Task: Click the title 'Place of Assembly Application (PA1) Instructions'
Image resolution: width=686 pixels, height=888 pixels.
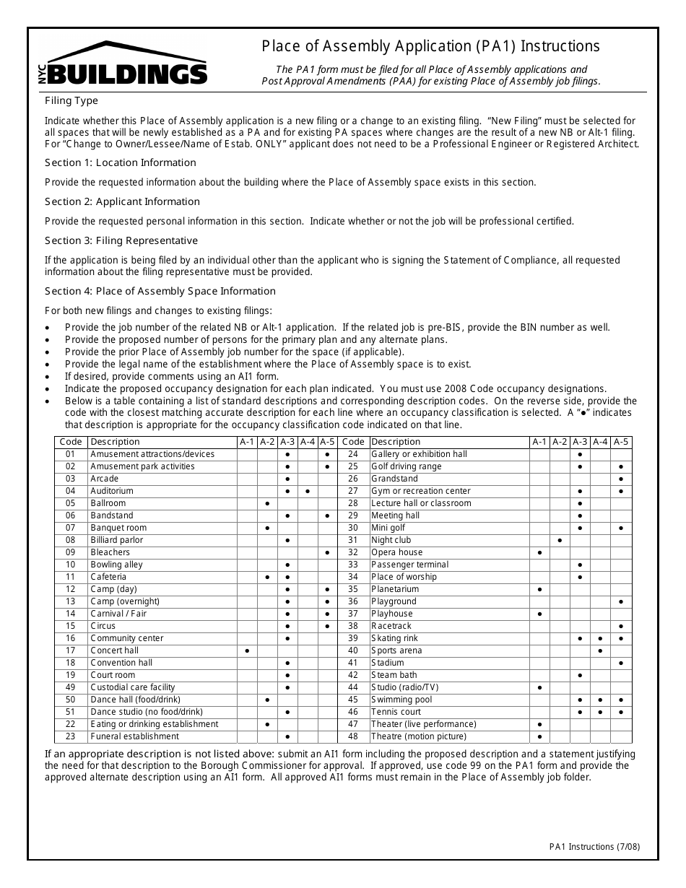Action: tap(430, 46)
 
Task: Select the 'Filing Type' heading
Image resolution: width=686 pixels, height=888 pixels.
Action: tap(71, 101)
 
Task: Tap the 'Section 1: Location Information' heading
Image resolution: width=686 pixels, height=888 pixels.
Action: tap(120, 162)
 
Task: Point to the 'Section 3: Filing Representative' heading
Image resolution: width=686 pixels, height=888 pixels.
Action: tap(121, 240)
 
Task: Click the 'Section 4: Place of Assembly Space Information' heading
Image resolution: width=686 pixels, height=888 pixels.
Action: tap(160, 291)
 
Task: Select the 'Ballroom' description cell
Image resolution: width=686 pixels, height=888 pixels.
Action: tap(108, 503)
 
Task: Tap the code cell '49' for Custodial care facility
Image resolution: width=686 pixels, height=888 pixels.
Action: tap(70, 687)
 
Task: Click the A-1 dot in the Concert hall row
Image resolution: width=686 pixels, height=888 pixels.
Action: tap(247, 650)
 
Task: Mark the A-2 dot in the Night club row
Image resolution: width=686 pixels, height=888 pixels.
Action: tap(560, 540)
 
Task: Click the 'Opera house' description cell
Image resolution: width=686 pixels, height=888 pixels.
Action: tap(396, 552)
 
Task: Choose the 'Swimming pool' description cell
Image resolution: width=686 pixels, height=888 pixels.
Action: tap(401, 700)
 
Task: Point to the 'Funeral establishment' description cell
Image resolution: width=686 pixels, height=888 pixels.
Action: tap(134, 736)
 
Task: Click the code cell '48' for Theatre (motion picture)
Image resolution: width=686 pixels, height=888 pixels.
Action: tap(353, 736)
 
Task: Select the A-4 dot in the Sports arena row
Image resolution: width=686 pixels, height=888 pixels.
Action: tap(601, 650)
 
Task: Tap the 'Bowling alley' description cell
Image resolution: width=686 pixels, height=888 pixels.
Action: tap(116, 565)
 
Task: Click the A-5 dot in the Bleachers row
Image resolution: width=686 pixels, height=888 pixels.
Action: tap(328, 552)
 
